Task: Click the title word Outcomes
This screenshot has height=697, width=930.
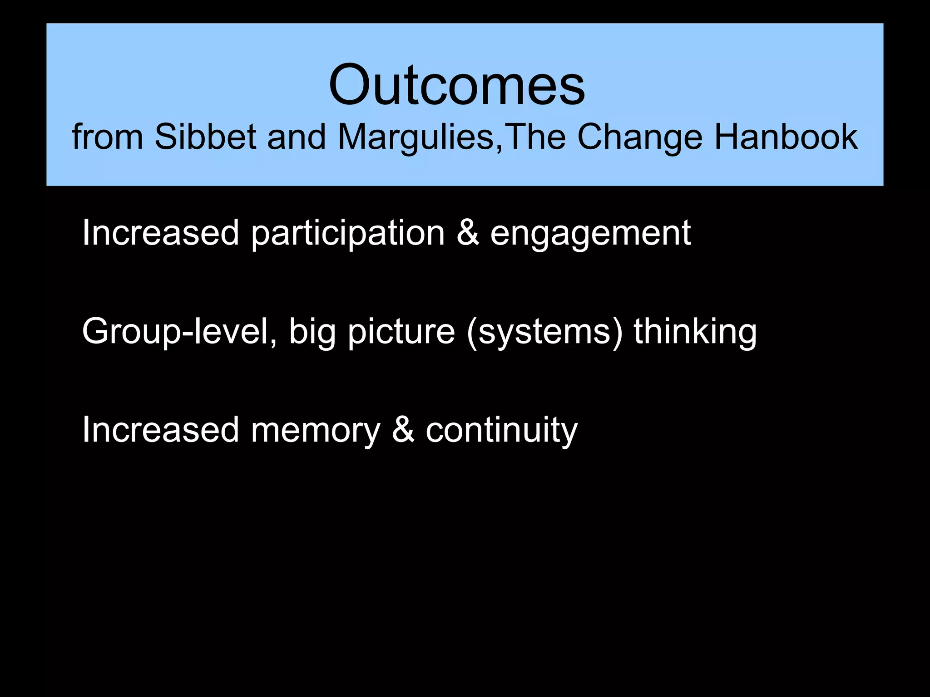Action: click(x=457, y=85)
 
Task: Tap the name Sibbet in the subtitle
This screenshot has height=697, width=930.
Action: click(x=205, y=137)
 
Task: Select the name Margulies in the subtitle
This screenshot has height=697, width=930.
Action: click(x=416, y=137)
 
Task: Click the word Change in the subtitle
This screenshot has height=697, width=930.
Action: click(x=639, y=137)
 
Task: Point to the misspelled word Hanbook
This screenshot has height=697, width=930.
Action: click(x=786, y=137)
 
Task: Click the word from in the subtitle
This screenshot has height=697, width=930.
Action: click(x=107, y=137)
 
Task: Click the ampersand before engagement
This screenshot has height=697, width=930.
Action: click(x=468, y=233)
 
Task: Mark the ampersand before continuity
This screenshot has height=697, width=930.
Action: click(x=403, y=430)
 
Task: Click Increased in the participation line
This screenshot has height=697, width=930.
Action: click(x=160, y=233)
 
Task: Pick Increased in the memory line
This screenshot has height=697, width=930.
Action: click(x=160, y=430)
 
